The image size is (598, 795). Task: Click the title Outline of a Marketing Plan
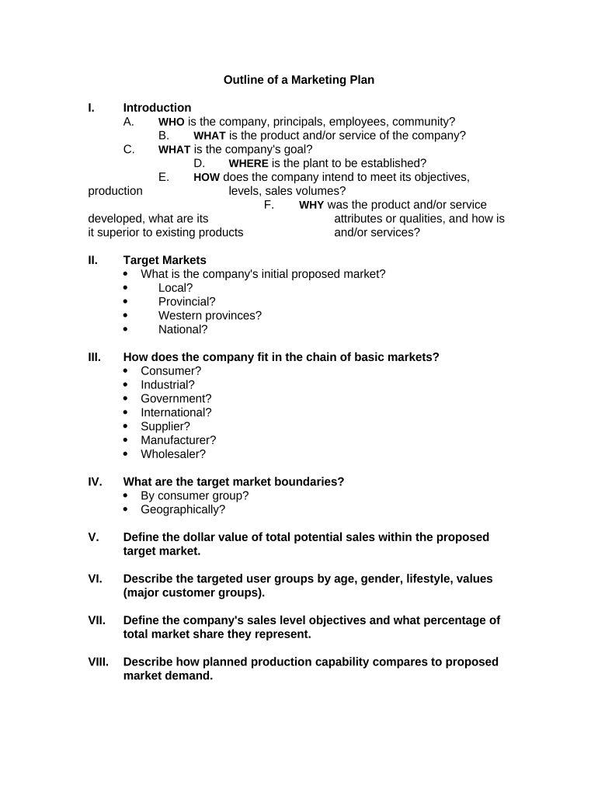pos(299,80)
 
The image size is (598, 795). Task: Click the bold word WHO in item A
pos(172,122)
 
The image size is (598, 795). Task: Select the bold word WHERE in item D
pos(249,164)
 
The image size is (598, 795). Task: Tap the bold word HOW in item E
pos(207,178)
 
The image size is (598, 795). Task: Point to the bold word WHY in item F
pos(311,206)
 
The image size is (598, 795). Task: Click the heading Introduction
pos(157,108)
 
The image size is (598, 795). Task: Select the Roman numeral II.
pos(92,260)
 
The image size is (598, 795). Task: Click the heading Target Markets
pos(165,260)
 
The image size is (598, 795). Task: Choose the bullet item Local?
pos(176,288)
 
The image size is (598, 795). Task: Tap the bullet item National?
pos(183,329)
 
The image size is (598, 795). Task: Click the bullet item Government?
pos(176,399)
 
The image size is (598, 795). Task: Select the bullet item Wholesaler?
pos(173,454)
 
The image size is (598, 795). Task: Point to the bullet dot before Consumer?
pos(127,371)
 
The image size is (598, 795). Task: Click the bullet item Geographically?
pos(183,510)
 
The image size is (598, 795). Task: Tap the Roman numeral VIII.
pos(99,662)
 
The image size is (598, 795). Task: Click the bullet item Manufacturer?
pos(178,440)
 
